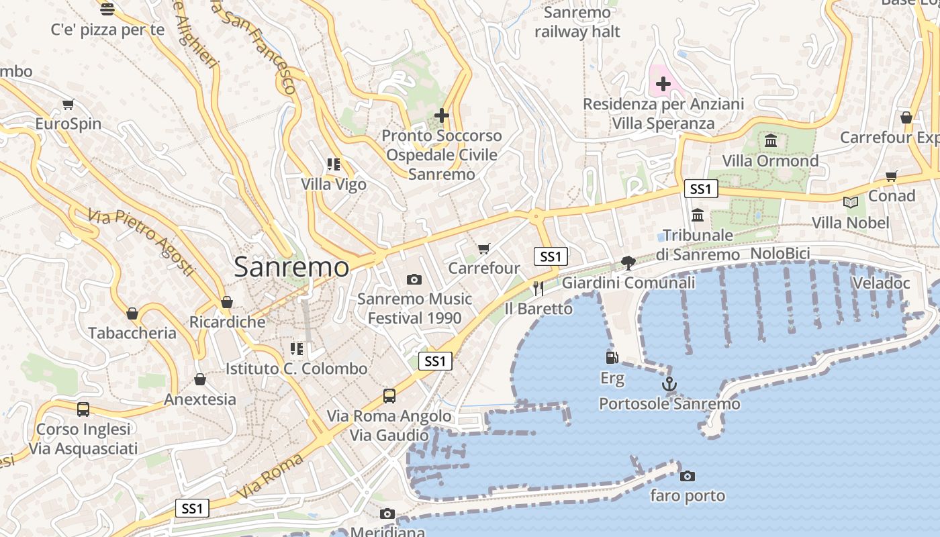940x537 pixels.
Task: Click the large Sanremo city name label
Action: pos(291,267)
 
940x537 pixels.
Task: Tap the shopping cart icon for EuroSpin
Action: pos(68,104)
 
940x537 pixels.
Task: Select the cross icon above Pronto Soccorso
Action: pos(441,115)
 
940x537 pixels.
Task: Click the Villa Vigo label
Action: pos(334,184)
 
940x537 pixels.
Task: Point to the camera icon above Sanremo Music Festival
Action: pos(414,279)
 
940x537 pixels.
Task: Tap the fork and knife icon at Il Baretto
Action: pos(538,289)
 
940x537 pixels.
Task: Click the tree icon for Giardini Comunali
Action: pos(628,262)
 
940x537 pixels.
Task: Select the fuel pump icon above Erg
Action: pos(612,358)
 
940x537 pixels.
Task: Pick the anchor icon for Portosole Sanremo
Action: pos(669,384)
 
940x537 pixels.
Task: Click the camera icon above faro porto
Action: pos(687,476)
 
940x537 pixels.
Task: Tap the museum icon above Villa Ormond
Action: pos(770,141)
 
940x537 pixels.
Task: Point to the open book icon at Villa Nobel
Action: pos(850,202)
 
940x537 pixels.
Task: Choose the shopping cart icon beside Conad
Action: pos(891,176)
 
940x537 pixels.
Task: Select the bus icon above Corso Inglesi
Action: pos(83,409)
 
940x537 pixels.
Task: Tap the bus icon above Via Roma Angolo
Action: pos(389,395)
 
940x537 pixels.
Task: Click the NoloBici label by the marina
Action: pos(780,254)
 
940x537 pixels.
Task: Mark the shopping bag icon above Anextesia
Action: pos(199,379)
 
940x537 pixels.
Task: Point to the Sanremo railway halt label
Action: pos(577,22)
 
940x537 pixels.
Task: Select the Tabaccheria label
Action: pos(132,333)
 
